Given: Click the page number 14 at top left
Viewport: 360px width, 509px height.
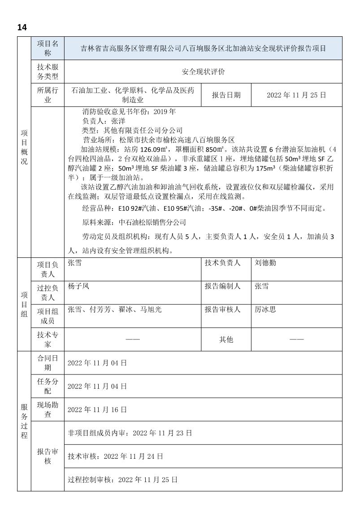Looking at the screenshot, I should point(22,27).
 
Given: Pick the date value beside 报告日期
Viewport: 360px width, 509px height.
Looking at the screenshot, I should point(296,95).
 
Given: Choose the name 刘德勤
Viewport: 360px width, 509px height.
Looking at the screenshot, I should point(266,263).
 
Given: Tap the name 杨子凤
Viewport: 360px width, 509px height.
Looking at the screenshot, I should point(78,286).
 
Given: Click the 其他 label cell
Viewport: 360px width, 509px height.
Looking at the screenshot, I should point(226,339).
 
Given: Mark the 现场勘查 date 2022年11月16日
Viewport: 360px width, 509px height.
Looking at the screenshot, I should point(97,409).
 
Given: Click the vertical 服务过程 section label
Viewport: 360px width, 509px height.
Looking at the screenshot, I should point(24,421).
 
